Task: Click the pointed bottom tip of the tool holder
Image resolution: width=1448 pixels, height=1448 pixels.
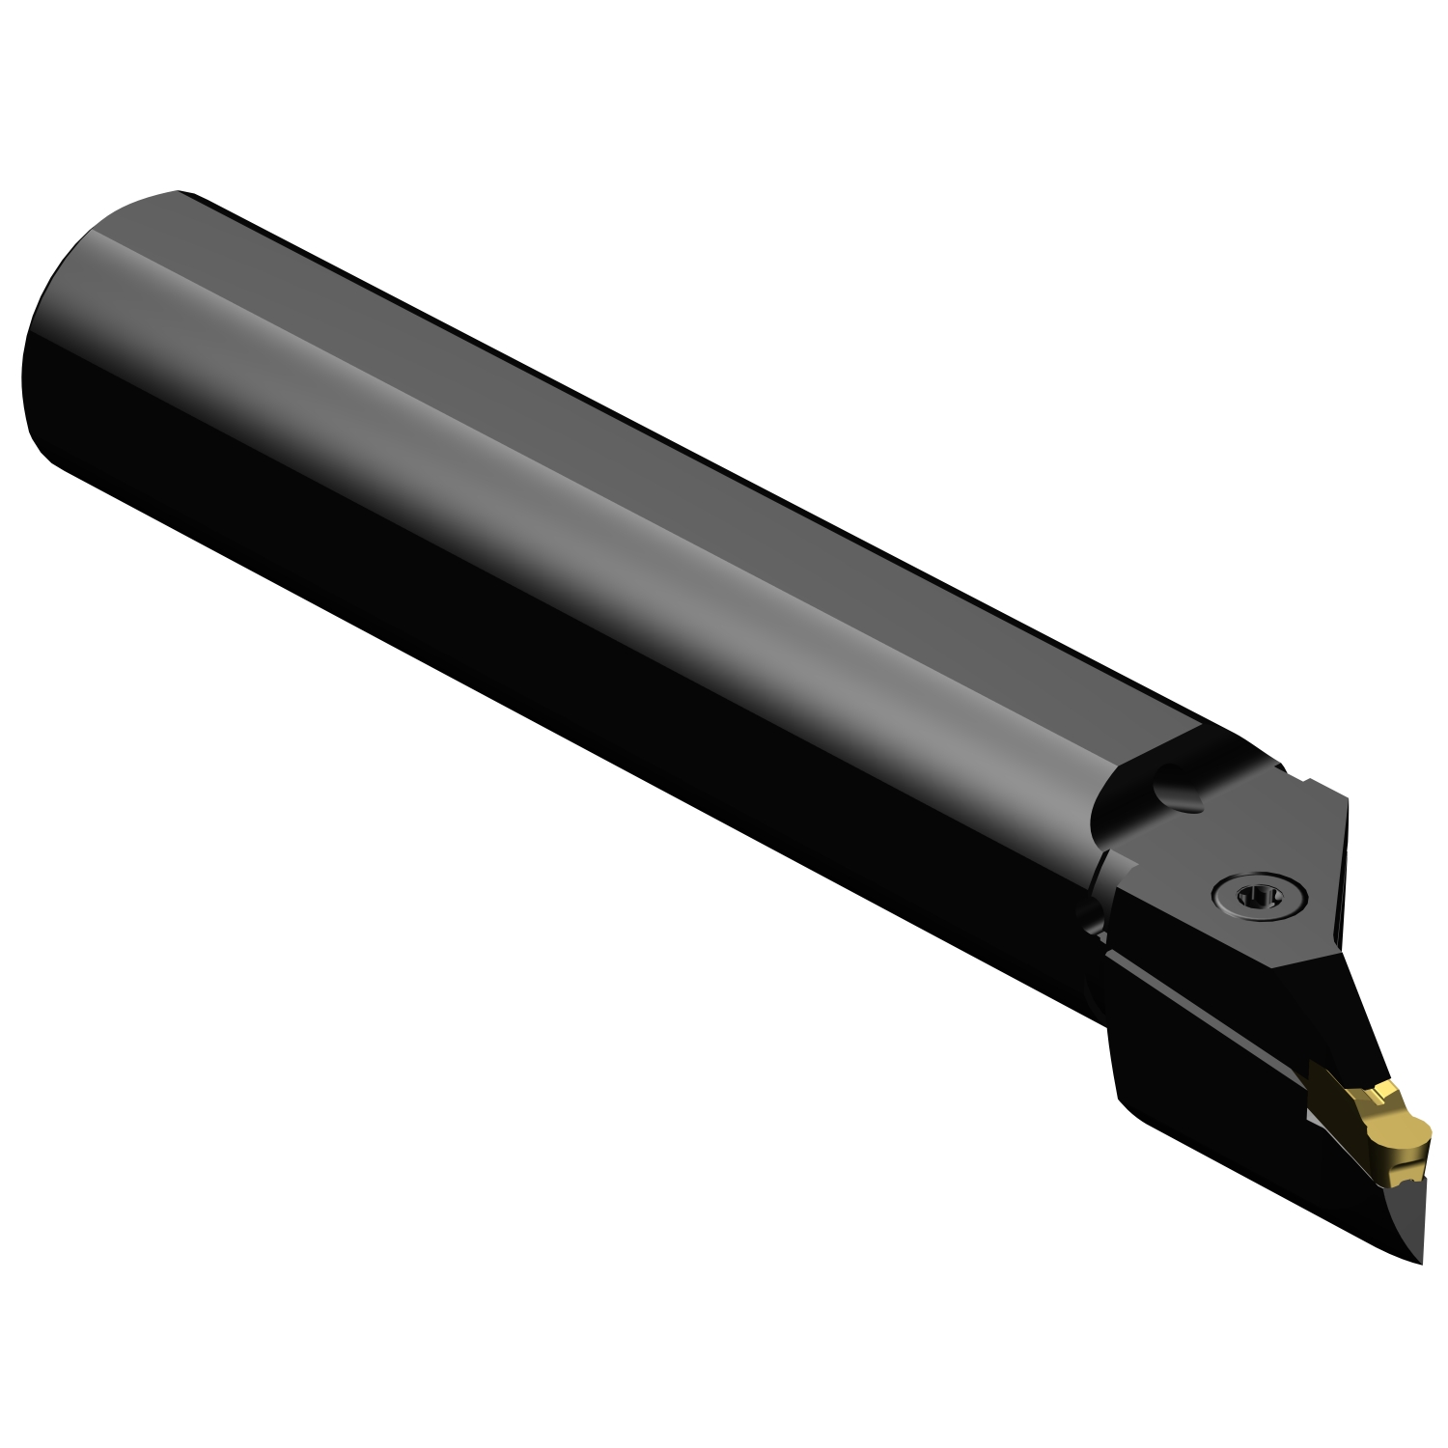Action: click(x=1419, y=1260)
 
